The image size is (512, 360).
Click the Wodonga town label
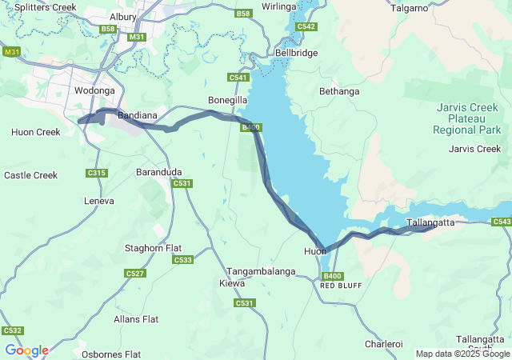click(x=94, y=91)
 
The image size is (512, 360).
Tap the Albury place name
click(x=123, y=16)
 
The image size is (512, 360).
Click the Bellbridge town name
click(x=296, y=53)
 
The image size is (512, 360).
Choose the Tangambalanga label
click(x=261, y=271)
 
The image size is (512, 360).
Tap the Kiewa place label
click(x=232, y=283)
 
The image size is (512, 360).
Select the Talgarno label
click(x=414, y=7)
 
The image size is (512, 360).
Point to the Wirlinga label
click(x=279, y=6)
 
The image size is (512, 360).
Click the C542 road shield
click(x=306, y=26)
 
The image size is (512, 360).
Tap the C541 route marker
click(x=238, y=78)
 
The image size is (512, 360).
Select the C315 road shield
click(x=96, y=173)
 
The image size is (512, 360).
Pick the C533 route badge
click(x=182, y=260)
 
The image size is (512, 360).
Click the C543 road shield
click(x=502, y=222)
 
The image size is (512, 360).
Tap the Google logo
click(x=26, y=350)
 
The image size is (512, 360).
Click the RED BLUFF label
click(x=336, y=285)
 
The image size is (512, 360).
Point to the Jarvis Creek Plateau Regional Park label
click(x=467, y=118)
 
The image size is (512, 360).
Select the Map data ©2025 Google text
click(x=462, y=354)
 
